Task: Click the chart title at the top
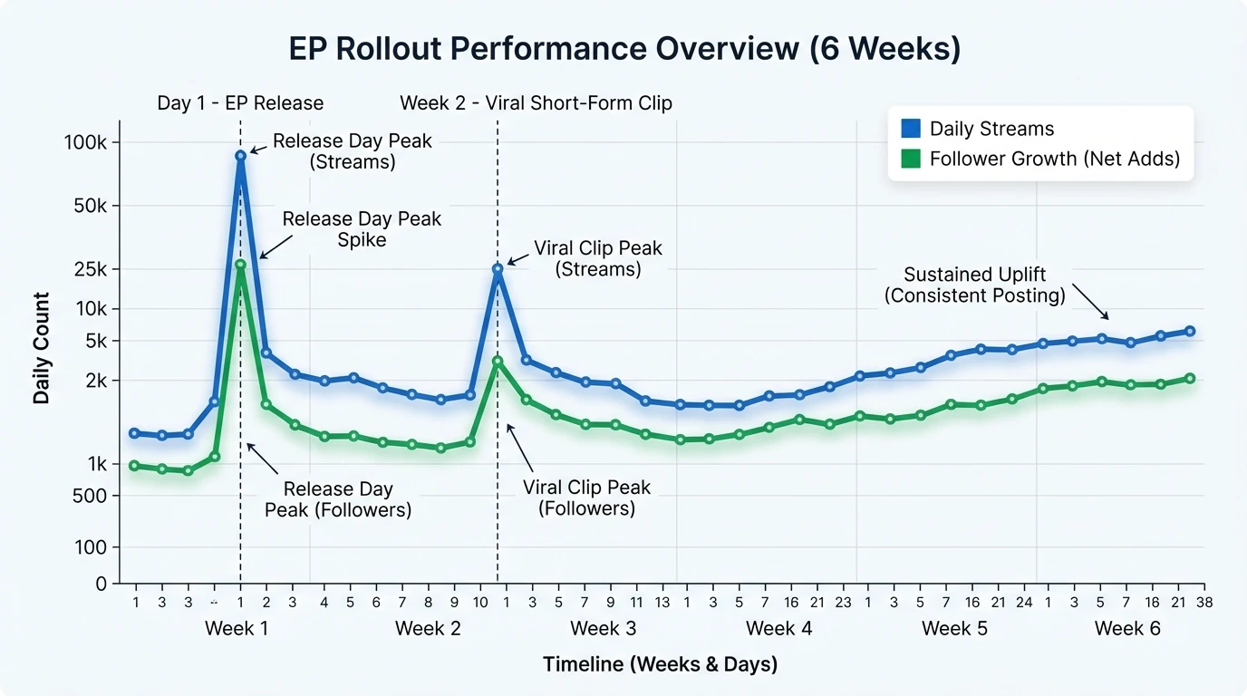point(624,49)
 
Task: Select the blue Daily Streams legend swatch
point(911,129)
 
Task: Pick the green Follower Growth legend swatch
point(911,159)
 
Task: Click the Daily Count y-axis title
point(42,348)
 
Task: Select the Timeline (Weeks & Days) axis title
point(660,664)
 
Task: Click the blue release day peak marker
point(240,156)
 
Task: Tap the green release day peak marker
point(240,265)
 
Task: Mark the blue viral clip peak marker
point(498,269)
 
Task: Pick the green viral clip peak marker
point(498,362)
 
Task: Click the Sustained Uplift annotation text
point(984,285)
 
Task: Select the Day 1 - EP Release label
point(240,102)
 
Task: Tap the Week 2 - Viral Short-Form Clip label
point(536,102)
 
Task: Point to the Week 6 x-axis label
point(1127,628)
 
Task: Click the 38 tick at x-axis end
point(1204,602)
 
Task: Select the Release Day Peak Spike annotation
point(362,229)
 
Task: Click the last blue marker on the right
point(1189,332)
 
